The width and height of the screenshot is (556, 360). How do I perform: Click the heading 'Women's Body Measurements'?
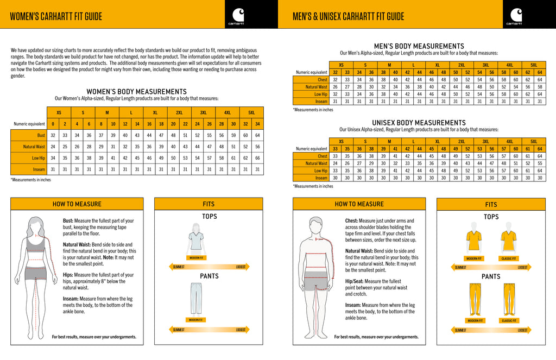click(136, 92)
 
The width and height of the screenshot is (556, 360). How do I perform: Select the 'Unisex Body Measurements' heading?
click(419, 123)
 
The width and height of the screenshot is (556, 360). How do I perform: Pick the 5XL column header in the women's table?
click(251, 112)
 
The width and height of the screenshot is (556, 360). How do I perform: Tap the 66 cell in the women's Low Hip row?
click(257, 158)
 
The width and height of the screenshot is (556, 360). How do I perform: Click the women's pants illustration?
click(196, 298)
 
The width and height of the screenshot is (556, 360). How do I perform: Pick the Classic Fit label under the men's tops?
click(509, 258)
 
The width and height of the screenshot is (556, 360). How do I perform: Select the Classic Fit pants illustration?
click(509, 299)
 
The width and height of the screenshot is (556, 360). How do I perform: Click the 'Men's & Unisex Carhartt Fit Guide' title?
click(348, 16)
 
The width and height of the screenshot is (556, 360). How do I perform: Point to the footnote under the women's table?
click(30, 179)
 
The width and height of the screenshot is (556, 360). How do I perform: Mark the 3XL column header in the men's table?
click(486, 65)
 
